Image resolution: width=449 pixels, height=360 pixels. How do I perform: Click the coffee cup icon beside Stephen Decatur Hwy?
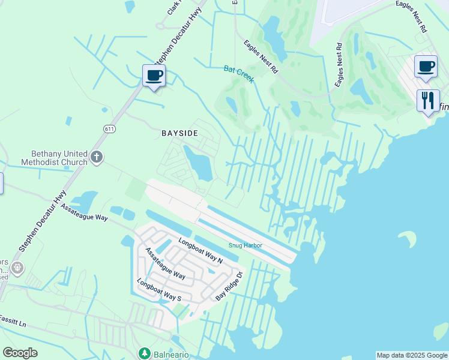pyautogui.click(x=154, y=76)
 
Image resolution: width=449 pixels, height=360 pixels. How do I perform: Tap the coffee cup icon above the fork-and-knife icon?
pyautogui.click(x=426, y=67)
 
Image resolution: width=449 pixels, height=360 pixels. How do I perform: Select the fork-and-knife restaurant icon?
pyautogui.click(x=428, y=100)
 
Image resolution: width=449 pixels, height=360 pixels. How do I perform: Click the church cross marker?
pyautogui.click(x=97, y=158)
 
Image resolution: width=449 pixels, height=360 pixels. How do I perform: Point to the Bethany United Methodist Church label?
pyautogui.click(x=54, y=158)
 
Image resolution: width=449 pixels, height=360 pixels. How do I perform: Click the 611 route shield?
pyautogui.click(x=109, y=129)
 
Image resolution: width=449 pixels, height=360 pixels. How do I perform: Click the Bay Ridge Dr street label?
pyautogui.click(x=229, y=286)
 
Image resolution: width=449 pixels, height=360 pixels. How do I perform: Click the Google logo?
pyautogui.click(x=20, y=353)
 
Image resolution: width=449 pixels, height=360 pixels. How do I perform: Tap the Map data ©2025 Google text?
pyautogui.click(x=411, y=355)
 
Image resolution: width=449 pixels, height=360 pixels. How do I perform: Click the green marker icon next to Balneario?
pyautogui.click(x=144, y=353)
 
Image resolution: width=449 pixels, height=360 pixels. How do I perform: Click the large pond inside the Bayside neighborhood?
pyautogui.click(x=199, y=162)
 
